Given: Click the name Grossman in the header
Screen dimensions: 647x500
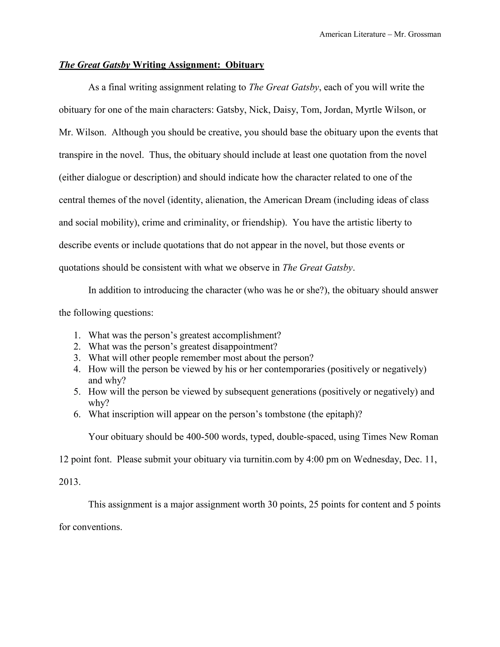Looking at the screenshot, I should point(425,34).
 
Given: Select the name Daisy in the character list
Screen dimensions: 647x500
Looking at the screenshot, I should point(285,110).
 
